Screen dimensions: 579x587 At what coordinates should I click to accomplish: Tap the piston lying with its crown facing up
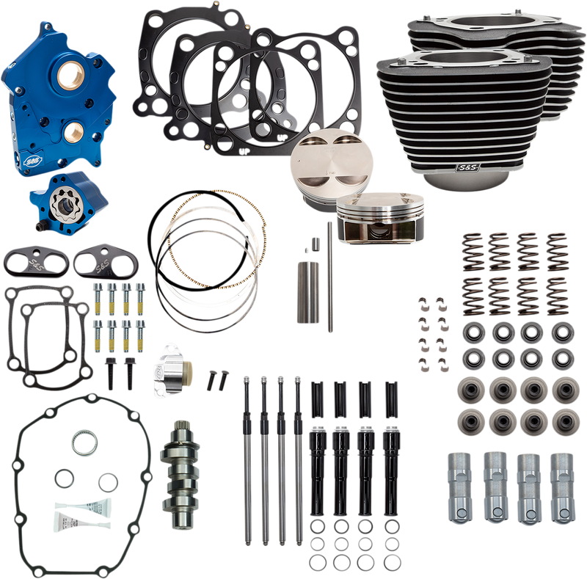(x=321, y=164)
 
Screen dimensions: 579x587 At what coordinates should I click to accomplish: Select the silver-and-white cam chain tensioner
(x=172, y=374)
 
